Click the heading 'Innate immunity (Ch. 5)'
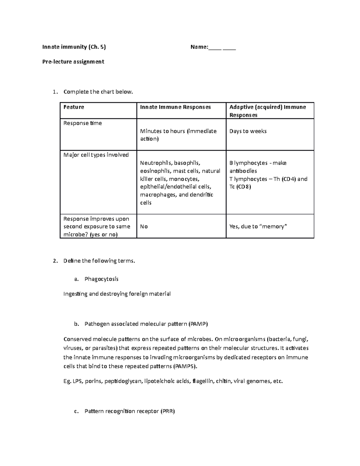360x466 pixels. click(x=74, y=47)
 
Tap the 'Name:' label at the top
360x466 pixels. click(x=199, y=47)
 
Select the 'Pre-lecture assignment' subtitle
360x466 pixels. click(x=73, y=62)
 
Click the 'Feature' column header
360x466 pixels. click(x=74, y=107)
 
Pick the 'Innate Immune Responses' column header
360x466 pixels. click(x=175, y=107)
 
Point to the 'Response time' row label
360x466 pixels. click(x=82, y=123)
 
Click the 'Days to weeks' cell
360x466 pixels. click(x=248, y=131)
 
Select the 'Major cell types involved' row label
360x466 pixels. click(x=96, y=155)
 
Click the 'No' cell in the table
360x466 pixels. click(x=144, y=227)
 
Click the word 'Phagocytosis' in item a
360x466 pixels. click(x=101, y=279)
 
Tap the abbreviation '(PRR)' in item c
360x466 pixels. click(x=168, y=411)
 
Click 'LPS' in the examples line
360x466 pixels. click(x=78, y=381)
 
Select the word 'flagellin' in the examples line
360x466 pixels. click(x=203, y=381)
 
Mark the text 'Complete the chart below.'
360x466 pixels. click(x=98, y=92)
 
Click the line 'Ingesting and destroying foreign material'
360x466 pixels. click(x=117, y=294)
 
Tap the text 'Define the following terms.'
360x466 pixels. click(x=99, y=261)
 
